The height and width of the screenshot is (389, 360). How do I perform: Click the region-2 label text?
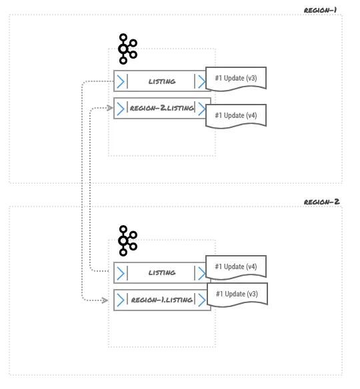tap(322, 202)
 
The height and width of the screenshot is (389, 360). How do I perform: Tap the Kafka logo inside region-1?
tap(127, 49)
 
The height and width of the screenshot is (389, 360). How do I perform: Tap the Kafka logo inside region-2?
tap(127, 240)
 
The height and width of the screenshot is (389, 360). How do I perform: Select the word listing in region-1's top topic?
tap(161, 81)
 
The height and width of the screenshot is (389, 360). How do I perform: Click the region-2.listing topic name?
tap(162, 108)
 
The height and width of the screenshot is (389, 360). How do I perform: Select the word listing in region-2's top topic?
tap(161, 272)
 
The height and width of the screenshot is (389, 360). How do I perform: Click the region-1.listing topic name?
tap(162, 300)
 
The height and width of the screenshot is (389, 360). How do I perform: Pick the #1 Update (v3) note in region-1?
tap(236, 78)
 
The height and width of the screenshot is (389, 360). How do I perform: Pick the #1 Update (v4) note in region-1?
tap(236, 115)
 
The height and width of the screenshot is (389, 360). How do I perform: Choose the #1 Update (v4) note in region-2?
tap(236, 266)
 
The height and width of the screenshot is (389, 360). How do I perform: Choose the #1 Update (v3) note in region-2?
tap(236, 294)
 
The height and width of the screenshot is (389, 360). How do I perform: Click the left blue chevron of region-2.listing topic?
tap(121, 108)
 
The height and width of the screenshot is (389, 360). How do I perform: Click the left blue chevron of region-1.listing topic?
tap(121, 300)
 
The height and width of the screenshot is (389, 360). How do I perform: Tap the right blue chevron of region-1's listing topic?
tap(200, 81)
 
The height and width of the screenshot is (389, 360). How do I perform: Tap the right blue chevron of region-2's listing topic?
tap(200, 272)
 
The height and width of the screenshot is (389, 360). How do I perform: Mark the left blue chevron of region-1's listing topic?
tap(121, 81)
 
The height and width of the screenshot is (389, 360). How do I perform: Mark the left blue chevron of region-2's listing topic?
tap(121, 272)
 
